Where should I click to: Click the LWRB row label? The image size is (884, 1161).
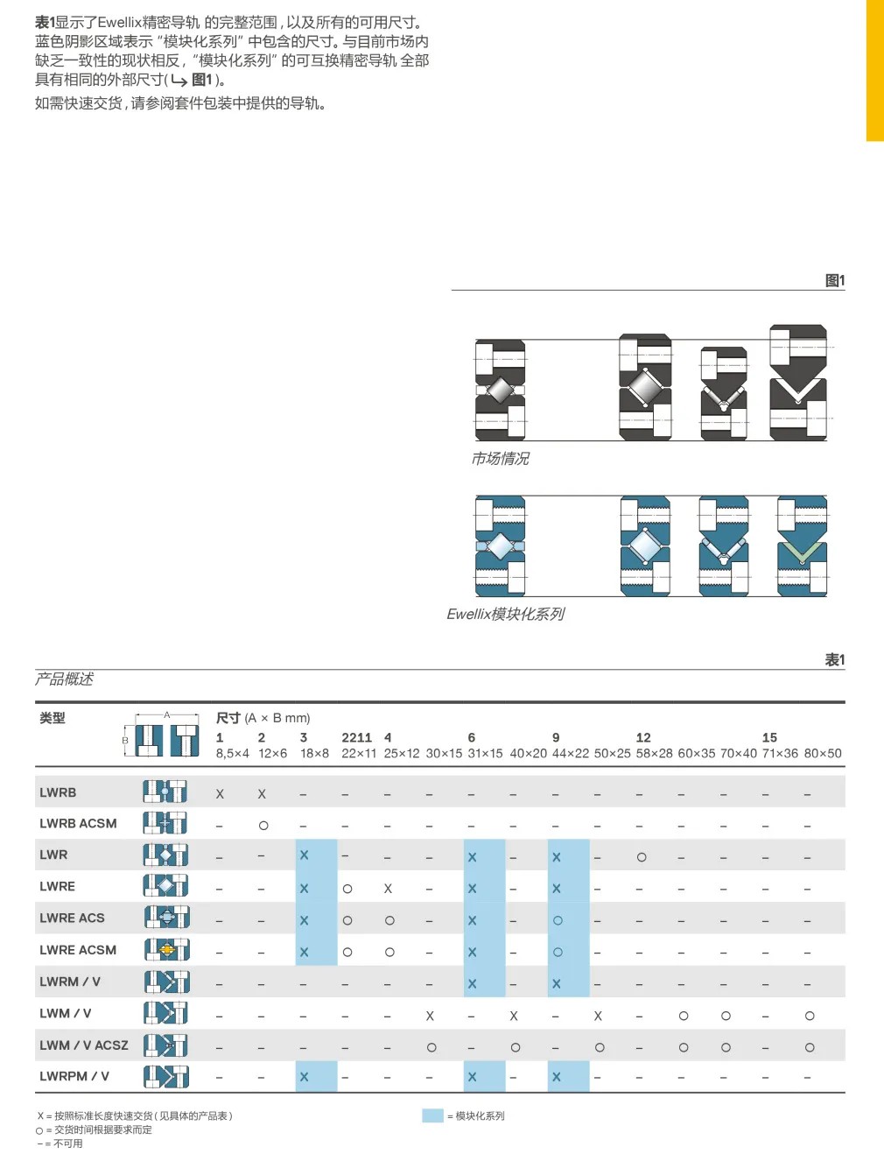[x=58, y=792]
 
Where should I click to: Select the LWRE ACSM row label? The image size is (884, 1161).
[x=78, y=950]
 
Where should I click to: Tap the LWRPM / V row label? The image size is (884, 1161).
[x=74, y=1076]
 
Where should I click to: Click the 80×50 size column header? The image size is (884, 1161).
[x=823, y=753]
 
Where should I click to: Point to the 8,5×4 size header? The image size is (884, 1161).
[x=232, y=753]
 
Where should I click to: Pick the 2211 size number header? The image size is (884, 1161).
[x=357, y=737]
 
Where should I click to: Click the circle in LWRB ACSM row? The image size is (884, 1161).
[x=263, y=825]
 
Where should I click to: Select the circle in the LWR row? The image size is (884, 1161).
[x=642, y=857]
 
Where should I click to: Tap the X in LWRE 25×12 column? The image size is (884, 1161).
[x=388, y=889]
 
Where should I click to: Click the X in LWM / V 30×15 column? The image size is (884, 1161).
[x=430, y=1016]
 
